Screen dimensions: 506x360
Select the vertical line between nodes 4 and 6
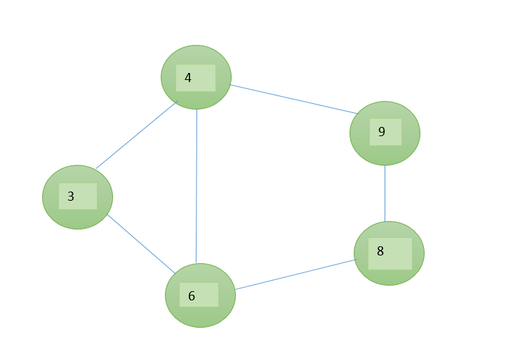point(197,186)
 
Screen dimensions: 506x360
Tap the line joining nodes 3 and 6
point(141,244)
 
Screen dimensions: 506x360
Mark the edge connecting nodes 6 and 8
point(295,274)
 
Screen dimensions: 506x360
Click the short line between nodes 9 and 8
point(385,194)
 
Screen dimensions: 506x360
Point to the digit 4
point(188,77)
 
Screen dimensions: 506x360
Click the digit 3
point(71,196)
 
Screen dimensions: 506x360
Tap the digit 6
point(192,296)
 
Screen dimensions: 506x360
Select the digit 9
point(382,131)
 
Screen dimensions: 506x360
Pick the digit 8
point(380,251)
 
